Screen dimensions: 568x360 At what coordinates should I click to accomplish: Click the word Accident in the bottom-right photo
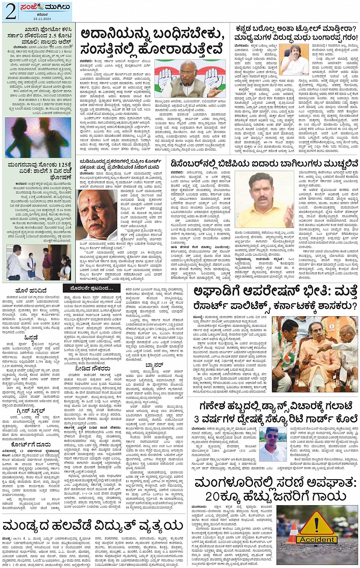coord(317,539)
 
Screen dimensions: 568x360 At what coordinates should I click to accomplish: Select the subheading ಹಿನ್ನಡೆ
coord(31,338)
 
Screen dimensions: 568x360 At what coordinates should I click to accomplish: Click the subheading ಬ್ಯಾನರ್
coord(154,365)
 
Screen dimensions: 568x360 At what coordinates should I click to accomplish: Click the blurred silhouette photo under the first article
coord(38,138)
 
